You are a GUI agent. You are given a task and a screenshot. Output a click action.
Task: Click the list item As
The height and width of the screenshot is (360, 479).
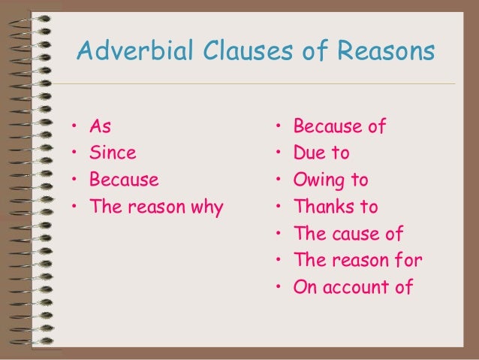[100, 126]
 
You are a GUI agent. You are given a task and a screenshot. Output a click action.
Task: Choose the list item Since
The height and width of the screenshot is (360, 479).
[113, 153]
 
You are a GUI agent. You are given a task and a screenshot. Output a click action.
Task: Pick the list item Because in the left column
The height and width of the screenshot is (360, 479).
[124, 180]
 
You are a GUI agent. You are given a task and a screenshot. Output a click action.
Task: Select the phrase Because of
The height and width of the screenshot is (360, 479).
[339, 126]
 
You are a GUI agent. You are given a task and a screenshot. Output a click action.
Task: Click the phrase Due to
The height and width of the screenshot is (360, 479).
[321, 153]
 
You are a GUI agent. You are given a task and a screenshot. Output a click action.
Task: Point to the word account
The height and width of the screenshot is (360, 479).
[357, 288]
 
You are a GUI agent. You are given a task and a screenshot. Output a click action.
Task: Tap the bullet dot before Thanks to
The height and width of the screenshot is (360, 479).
[278, 208]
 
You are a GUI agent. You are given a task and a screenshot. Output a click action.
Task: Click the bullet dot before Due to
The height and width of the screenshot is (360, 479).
[278, 154]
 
